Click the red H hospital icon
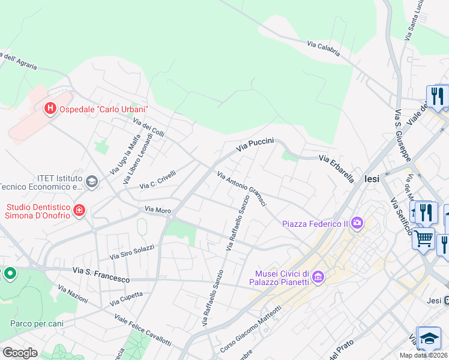pyautogui.click(x=50, y=109)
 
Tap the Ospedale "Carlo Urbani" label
pyautogui.click(x=103, y=109)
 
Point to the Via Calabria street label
pyautogui.click(x=324, y=48)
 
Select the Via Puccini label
pyautogui.click(x=255, y=144)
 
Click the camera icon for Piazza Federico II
pyautogui.click(x=357, y=223)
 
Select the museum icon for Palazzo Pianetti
pyautogui.click(x=318, y=277)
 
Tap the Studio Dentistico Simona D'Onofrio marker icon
pyautogui.click(x=79, y=210)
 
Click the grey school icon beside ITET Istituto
pyautogui.click(x=92, y=182)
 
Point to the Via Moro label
pyautogui.click(x=158, y=210)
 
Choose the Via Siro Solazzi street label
pyautogui.click(x=131, y=252)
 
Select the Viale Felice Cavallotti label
pyautogui.click(x=142, y=330)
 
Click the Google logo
pyautogui.click(x=20, y=352)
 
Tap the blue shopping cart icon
pyautogui.click(x=423, y=238)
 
